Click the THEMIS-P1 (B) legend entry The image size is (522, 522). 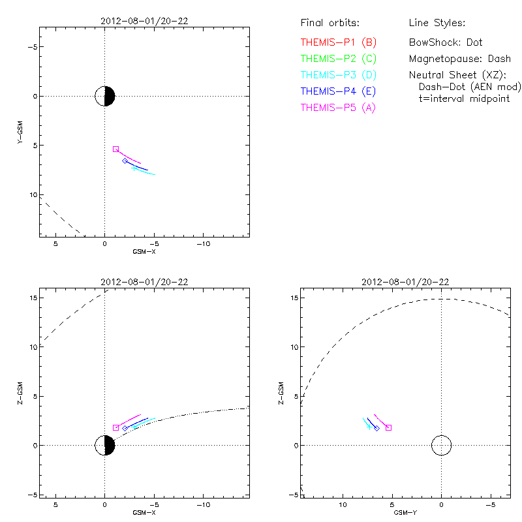coord(338,42)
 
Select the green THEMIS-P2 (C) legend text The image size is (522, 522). coord(338,59)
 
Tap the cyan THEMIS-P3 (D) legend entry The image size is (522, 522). coord(338,75)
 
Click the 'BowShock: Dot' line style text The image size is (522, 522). coord(446,42)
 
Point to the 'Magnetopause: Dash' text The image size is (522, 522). coord(459,59)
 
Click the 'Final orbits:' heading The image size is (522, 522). coord(330,23)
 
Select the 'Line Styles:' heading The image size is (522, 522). coord(437,23)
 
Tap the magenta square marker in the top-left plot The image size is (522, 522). coord(115,149)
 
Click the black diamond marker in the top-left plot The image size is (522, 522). coord(125,161)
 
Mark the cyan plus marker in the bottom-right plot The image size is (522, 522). coord(369,427)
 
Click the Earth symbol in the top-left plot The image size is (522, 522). coord(104,96)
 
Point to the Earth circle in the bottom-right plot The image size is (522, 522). coord(441,446)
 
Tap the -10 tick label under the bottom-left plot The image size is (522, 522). coord(203,505)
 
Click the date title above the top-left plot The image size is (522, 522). coord(144,21)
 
